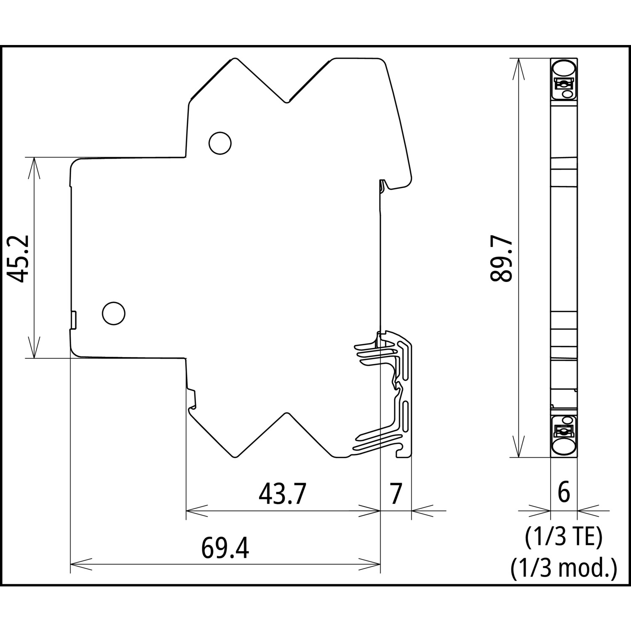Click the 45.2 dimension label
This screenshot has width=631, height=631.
click(x=19, y=258)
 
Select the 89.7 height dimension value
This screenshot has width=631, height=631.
click(x=501, y=258)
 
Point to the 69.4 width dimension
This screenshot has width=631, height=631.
click(x=225, y=548)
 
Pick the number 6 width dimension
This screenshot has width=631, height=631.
click(x=564, y=493)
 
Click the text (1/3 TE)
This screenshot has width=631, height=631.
click(x=564, y=538)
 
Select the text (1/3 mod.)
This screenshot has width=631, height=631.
click(x=564, y=569)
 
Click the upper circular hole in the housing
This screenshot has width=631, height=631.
click(x=220, y=143)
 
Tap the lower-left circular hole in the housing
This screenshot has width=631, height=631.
click(x=114, y=313)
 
